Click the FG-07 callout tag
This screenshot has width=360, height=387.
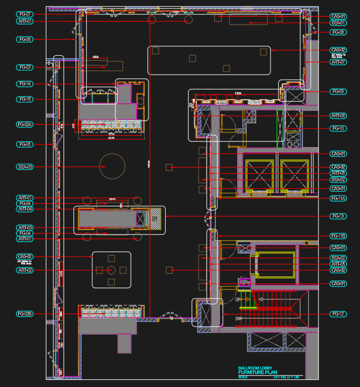point(25,14)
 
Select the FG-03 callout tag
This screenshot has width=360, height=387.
point(25,67)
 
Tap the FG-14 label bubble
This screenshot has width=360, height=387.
point(25,84)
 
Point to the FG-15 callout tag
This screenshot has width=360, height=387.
point(25,99)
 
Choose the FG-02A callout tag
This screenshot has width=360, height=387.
point(25,125)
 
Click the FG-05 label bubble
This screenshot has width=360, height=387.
point(25,144)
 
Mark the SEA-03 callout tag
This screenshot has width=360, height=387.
point(25,167)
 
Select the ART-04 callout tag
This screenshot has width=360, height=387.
point(25,209)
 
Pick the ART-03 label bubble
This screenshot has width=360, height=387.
point(25,227)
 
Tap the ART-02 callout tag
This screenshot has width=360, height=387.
point(25,271)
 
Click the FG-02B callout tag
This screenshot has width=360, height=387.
point(25,314)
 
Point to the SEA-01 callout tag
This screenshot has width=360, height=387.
point(338,23)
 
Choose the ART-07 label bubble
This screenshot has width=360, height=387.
point(338,62)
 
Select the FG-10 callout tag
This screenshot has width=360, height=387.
point(338,128)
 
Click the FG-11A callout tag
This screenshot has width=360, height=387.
point(338,198)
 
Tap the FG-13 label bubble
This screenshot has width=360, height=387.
point(338,216)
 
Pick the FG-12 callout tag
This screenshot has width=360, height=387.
point(338,314)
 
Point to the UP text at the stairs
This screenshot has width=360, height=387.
point(239,300)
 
